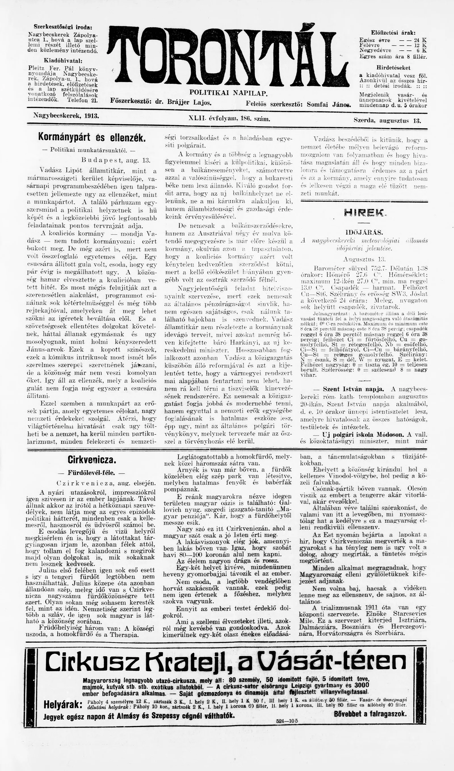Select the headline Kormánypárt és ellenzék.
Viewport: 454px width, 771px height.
pos(91,137)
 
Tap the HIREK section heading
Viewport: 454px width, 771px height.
pos(364,213)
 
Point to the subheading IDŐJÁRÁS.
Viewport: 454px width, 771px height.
pos(364,231)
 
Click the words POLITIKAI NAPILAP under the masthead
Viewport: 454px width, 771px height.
pos(228,93)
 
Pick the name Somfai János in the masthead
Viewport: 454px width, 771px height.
pos(329,104)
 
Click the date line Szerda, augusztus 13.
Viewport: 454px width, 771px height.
pos(387,120)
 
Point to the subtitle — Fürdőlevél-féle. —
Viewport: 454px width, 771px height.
pos(91,473)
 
